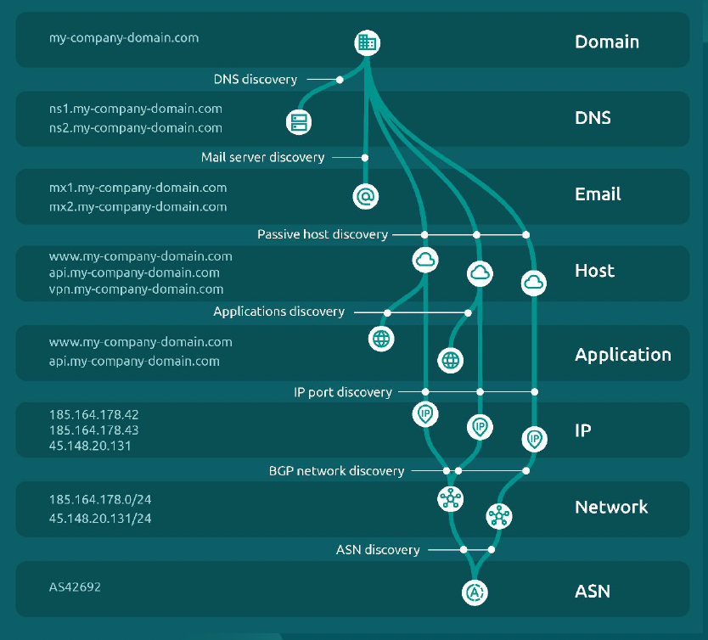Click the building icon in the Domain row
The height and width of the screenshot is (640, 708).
coord(367,42)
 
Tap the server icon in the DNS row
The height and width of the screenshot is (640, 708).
coord(298,121)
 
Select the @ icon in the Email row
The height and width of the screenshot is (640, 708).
coord(365,196)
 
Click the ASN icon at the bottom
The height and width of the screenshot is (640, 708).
coord(475,592)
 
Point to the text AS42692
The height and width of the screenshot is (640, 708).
coord(75,587)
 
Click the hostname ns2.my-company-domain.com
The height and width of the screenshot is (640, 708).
coord(136,128)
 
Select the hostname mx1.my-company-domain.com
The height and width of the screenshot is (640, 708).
coord(138,188)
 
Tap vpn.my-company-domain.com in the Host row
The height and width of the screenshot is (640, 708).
coord(136,289)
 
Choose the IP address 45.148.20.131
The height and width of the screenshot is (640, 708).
coord(90,446)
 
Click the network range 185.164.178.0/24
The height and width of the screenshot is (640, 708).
coord(100,500)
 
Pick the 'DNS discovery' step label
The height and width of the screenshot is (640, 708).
coord(256,80)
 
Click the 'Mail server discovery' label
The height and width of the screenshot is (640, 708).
coord(263,157)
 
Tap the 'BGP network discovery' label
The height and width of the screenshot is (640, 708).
coord(336,470)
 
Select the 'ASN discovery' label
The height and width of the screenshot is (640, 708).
coord(378,550)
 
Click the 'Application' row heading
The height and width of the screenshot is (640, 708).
coord(623,355)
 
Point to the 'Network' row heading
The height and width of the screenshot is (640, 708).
coord(611,508)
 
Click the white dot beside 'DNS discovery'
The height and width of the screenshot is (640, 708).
coord(340,80)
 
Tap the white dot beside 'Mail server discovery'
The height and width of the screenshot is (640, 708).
coord(365,157)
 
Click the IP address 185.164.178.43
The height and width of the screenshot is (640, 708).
coord(93,430)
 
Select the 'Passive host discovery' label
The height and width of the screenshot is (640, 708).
coord(323,234)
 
